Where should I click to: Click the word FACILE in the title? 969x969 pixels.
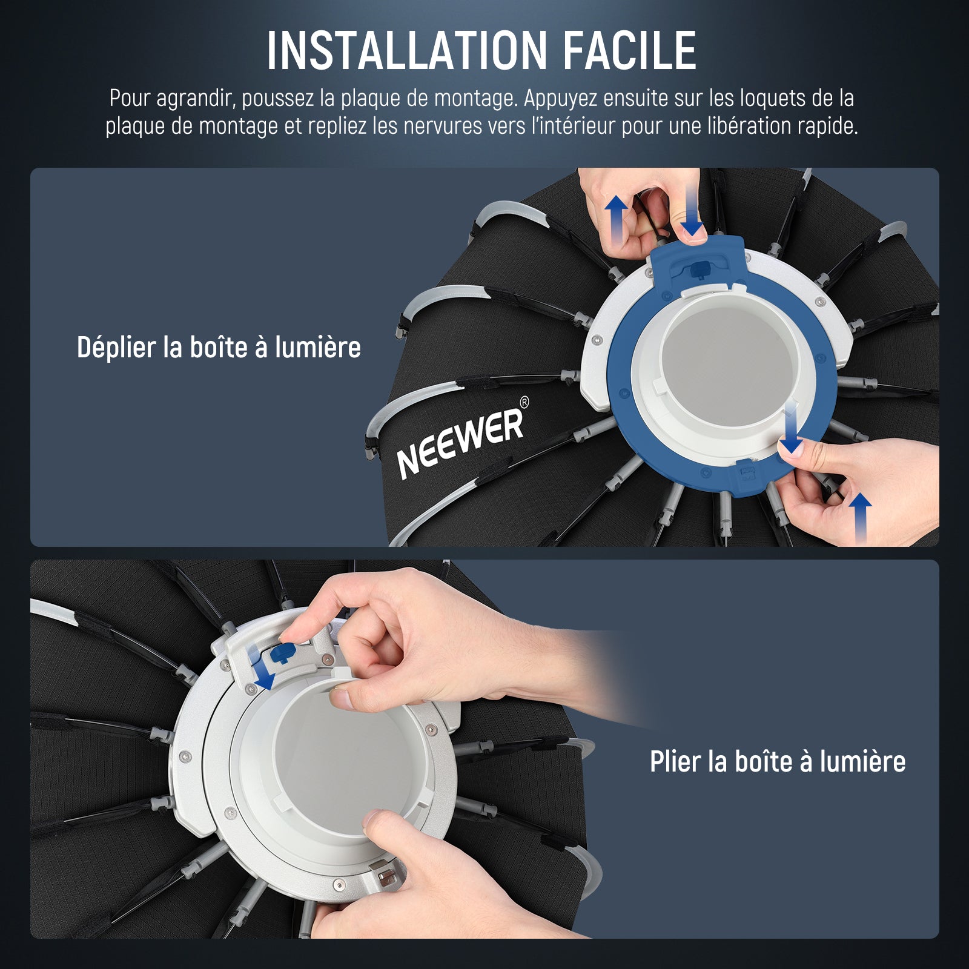[x=630, y=51]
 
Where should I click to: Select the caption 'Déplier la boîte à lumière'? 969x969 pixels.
[x=219, y=348]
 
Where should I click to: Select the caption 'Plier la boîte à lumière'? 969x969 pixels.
[x=778, y=761]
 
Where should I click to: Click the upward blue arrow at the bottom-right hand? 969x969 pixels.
[x=861, y=518]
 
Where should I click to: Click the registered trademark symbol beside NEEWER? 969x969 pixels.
[x=524, y=402]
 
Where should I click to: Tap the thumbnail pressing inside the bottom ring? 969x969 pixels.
[x=343, y=698]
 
